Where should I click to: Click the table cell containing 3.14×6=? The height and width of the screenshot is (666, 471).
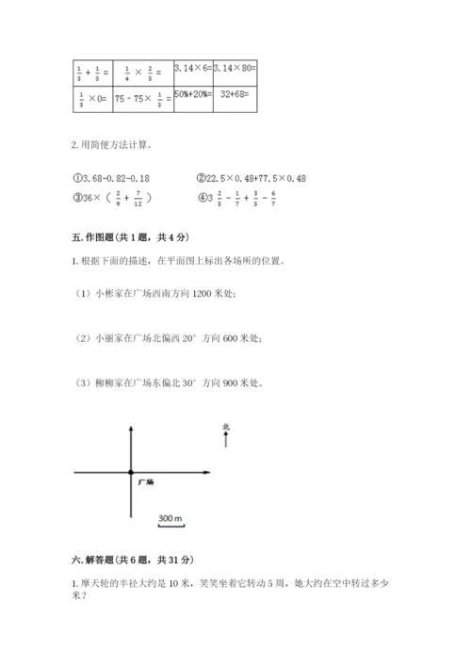click(x=191, y=69)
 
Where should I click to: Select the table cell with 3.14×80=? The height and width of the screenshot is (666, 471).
click(x=235, y=69)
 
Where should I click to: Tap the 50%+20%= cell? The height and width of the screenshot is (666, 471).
click(x=191, y=98)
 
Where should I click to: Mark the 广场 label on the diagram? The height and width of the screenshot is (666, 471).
click(x=144, y=481)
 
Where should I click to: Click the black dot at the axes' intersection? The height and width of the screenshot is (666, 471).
click(x=130, y=472)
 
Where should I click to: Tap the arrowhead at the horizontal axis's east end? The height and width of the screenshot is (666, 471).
click(x=212, y=472)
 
